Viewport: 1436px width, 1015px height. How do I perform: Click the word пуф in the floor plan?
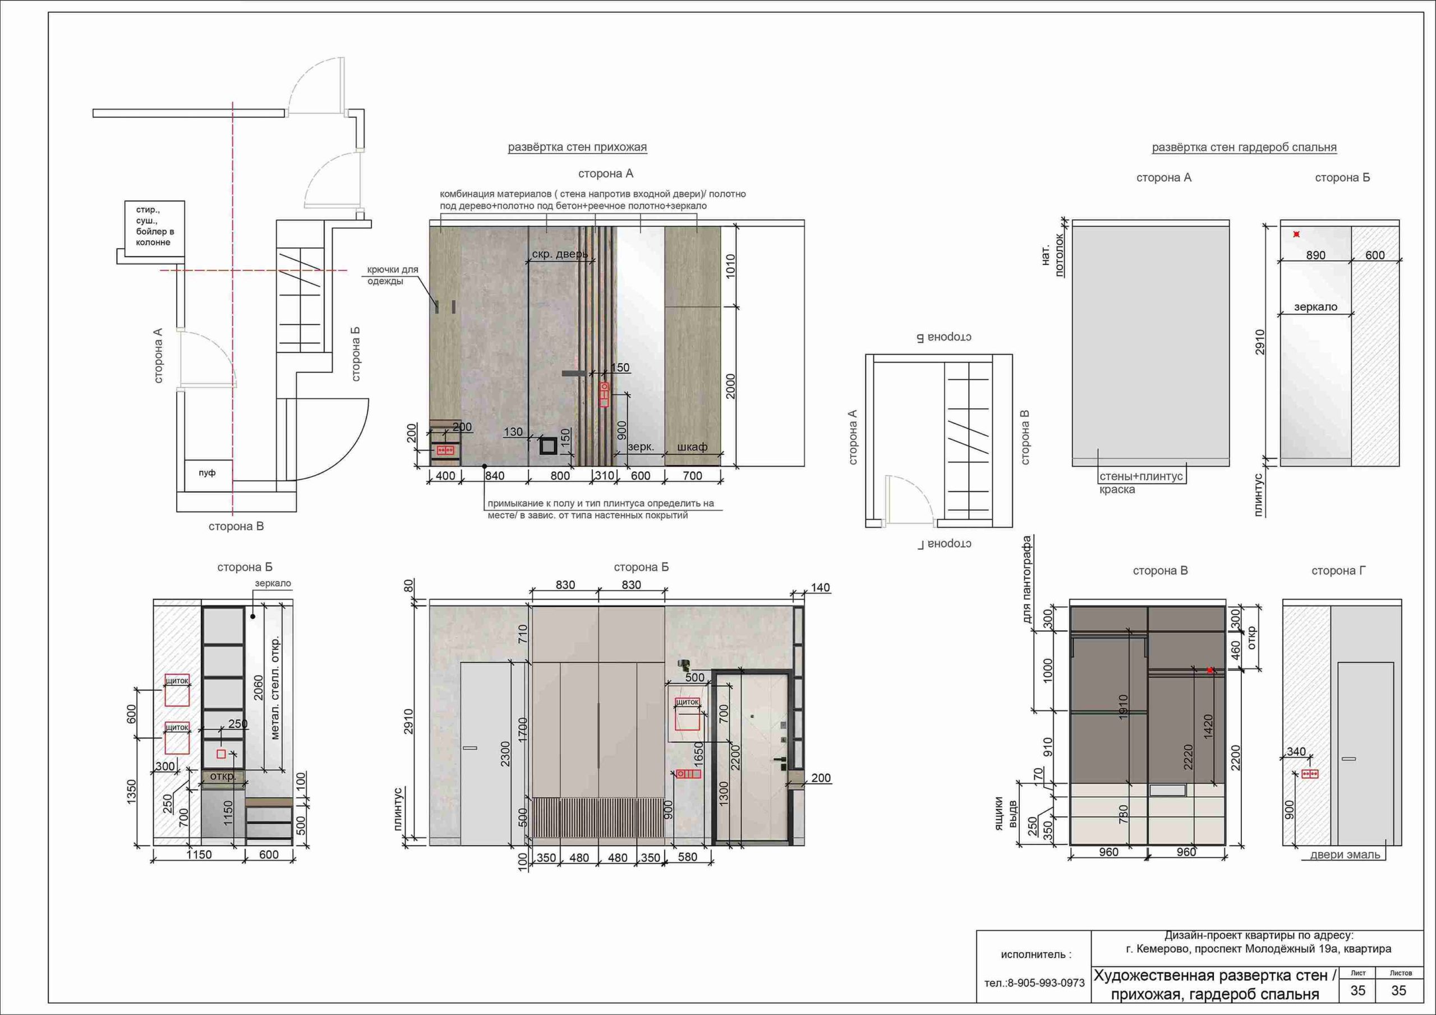[207, 472]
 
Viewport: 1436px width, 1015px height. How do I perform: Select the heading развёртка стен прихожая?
[577, 148]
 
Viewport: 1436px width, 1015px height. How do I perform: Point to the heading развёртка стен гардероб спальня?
[1244, 148]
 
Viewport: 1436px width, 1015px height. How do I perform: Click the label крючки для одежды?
[392, 275]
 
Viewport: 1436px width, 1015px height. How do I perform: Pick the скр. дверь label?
[560, 254]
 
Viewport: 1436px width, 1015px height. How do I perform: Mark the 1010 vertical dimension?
[730, 266]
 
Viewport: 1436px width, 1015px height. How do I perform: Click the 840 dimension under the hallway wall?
[494, 476]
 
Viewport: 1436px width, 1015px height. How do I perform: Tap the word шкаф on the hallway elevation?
[692, 447]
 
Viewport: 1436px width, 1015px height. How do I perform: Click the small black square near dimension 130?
[549, 446]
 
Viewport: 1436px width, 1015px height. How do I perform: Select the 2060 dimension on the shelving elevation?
[258, 687]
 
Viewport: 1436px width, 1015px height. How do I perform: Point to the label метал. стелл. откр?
[276, 688]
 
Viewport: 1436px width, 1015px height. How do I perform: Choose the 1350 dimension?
[131, 792]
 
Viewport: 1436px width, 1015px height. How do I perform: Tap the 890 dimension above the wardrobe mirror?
[1315, 255]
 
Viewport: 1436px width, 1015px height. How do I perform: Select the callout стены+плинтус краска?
[1141, 483]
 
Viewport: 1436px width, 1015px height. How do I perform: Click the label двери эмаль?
[1345, 855]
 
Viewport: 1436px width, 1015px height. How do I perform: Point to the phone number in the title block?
[1034, 983]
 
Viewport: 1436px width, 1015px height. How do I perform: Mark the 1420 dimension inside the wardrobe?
[1208, 726]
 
